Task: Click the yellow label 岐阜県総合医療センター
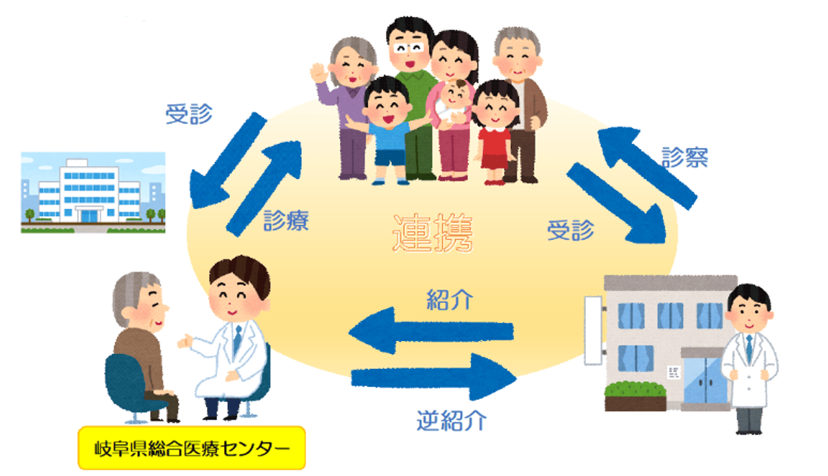pyautogui.click(x=191, y=446)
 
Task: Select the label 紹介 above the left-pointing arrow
pyautogui.click(x=450, y=299)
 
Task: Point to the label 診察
pyautogui.click(x=685, y=157)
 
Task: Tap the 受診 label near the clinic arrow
pyautogui.click(x=571, y=230)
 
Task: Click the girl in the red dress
pyautogui.click(x=495, y=129)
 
